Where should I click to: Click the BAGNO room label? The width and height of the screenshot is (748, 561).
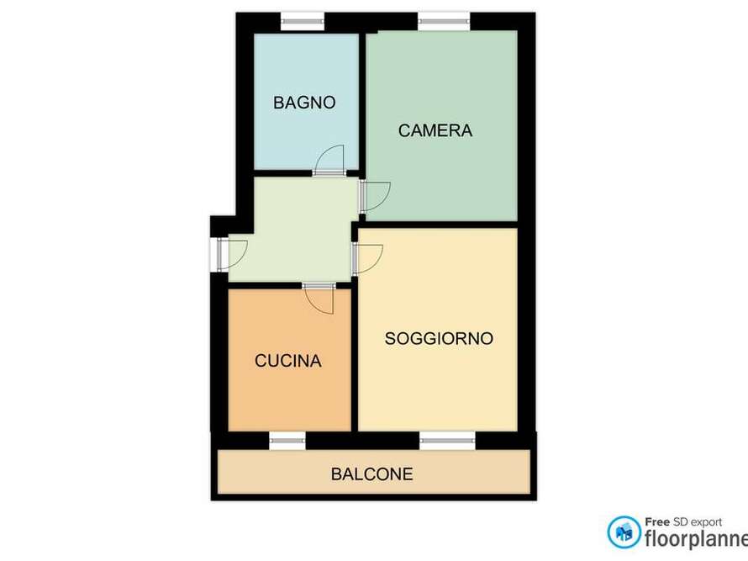304,103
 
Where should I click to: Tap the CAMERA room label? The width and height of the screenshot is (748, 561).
435,130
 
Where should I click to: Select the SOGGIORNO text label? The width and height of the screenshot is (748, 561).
439,339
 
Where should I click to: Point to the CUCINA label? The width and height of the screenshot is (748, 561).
288,361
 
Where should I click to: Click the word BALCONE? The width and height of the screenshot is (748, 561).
371,474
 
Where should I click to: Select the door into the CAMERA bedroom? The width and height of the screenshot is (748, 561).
374,195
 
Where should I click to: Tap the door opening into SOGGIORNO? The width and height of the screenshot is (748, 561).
368,258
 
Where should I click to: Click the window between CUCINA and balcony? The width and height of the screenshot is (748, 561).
287,440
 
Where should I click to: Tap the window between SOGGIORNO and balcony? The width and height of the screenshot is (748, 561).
447,440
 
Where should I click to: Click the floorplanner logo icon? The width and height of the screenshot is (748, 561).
624,532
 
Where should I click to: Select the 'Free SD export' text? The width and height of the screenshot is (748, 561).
682,521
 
